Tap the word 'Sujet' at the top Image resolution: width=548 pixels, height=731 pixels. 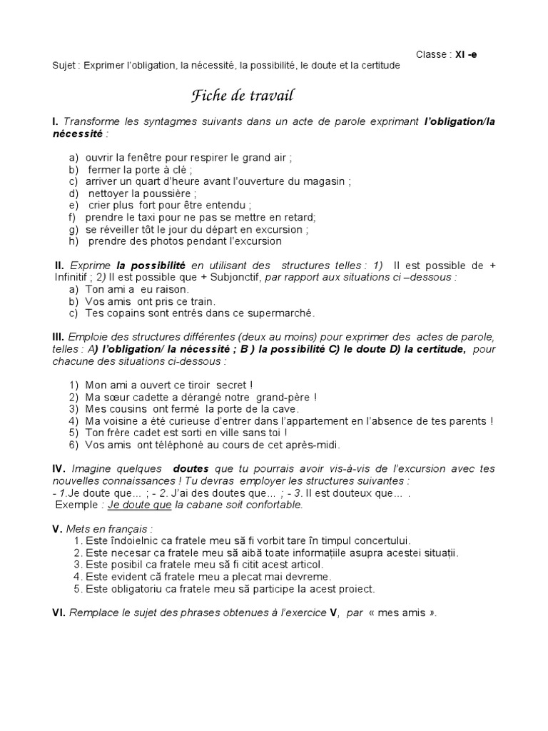[65, 66]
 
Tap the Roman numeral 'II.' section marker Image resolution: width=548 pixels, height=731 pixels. [60, 266]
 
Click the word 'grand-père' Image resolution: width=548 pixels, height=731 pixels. [285, 397]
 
